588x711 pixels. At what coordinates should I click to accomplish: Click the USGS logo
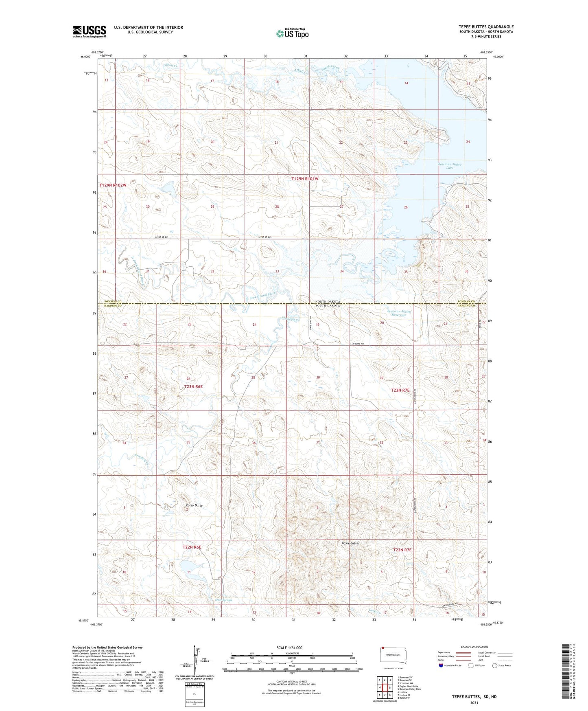tap(89, 31)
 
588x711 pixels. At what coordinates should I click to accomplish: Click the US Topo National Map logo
tap(292, 33)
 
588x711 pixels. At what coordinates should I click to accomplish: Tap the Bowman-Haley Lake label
tap(450, 166)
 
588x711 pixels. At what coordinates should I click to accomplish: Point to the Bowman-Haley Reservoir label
tap(399, 313)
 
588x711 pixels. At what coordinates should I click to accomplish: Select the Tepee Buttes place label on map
tap(350, 543)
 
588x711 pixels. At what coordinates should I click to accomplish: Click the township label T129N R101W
tap(305, 179)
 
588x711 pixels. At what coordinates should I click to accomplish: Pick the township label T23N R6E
tap(193, 386)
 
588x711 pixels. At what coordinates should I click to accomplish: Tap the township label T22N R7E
tap(402, 550)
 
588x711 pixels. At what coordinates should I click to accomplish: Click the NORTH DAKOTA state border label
tap(328, 301)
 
